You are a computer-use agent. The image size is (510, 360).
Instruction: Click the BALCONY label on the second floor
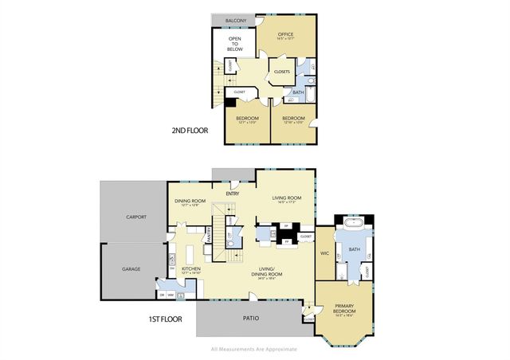234,21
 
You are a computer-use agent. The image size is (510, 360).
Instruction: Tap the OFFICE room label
286,35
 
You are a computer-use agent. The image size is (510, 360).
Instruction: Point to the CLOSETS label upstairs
281,72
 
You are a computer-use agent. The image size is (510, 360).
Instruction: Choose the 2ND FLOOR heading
190,131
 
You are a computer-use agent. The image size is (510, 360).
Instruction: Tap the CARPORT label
137,217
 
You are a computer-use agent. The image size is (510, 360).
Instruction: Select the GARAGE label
131,268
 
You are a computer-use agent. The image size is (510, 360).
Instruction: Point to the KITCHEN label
190,269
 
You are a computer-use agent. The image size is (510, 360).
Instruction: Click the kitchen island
190,254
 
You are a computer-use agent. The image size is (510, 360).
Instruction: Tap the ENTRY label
233,193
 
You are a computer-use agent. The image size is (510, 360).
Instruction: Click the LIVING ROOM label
286,198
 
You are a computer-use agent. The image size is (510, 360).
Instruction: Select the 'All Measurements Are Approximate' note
253,349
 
